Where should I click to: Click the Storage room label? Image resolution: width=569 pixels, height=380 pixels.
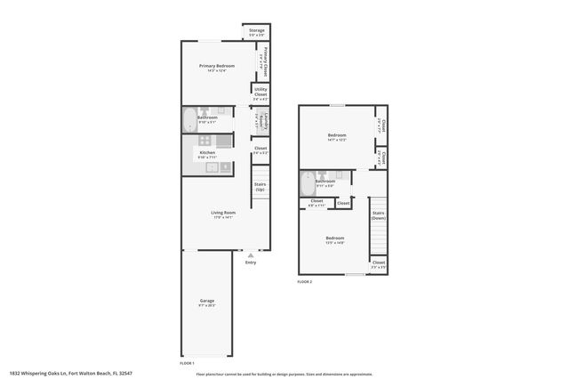tap(256, 32)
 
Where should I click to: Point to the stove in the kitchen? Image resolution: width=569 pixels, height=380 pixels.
tap(204, 140)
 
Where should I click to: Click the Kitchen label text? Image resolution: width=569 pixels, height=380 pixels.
tap(206, 154)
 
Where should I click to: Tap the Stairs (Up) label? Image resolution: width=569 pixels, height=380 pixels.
tap(260, 187)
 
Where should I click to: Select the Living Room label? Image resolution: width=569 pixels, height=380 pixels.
tap(222, 214)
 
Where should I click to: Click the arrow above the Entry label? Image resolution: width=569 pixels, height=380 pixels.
tap(251, 255)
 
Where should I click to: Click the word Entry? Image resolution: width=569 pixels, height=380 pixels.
tap(251, 262)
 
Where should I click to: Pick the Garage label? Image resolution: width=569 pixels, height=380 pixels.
tap(206, 303)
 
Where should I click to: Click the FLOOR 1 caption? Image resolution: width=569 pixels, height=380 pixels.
tap(187, 363)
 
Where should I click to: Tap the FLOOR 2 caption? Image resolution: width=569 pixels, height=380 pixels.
tap(304, 281)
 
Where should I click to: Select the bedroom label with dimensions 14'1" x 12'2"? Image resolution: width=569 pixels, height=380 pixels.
tap(336, 138)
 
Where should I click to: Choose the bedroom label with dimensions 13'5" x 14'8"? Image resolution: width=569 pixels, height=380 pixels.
tap(334, 239)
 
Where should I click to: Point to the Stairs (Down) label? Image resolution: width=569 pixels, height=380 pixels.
tap(378, 215)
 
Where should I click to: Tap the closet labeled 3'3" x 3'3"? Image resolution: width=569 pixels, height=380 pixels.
tap(378, 264)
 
